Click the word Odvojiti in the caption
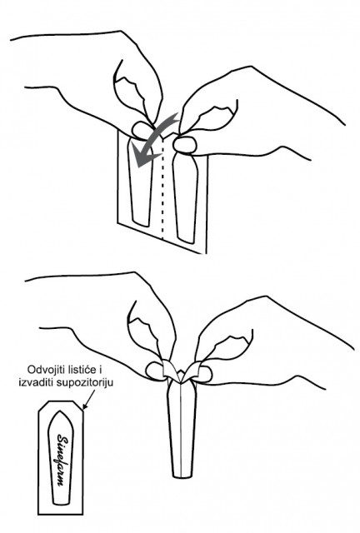[42, 369]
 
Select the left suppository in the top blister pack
[140, 182]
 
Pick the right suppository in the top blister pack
[186, 197]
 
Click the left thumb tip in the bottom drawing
[156, 371]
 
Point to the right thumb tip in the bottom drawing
[204, 374]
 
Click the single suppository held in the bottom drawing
[182, 428]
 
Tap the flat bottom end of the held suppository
[182, 476]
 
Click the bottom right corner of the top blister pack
[207, 253]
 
